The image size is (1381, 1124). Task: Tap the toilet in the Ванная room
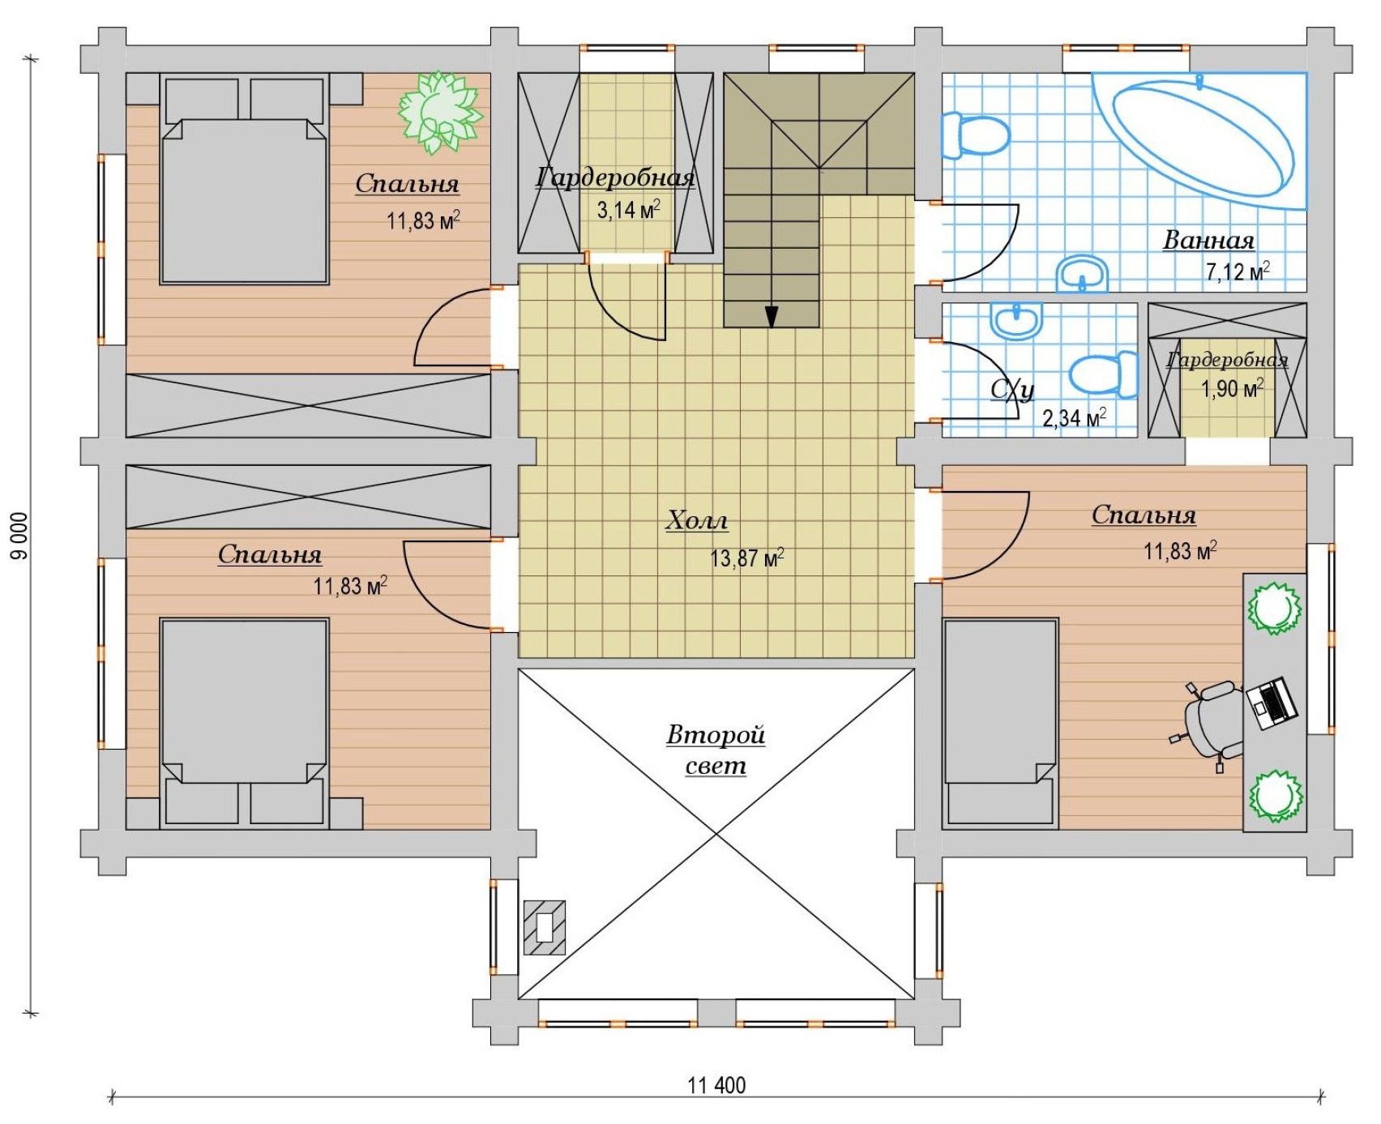tap(975, 135)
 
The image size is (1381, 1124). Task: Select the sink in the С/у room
tap(1015, 320)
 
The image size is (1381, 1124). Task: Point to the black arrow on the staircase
tap(772, 316)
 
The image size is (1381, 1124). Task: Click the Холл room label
tap(697, 520)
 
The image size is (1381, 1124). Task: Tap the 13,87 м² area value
tap(746, 558)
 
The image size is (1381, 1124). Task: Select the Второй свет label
tap(716, 750)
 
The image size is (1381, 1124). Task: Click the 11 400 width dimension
tap(716, 1085)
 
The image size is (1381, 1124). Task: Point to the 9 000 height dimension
tap(19, 536)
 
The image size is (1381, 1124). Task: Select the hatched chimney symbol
tap(545, 927)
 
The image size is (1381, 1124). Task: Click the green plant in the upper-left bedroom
tap(440, 112)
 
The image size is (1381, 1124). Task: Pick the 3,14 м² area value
tap(628, 209)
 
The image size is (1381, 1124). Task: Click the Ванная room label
tap(1208, 240)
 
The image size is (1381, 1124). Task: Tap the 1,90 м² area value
tap(1231, 388)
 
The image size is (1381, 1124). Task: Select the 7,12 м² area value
tap(1238, 271)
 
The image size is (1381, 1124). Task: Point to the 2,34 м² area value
tap(1074, 418)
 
